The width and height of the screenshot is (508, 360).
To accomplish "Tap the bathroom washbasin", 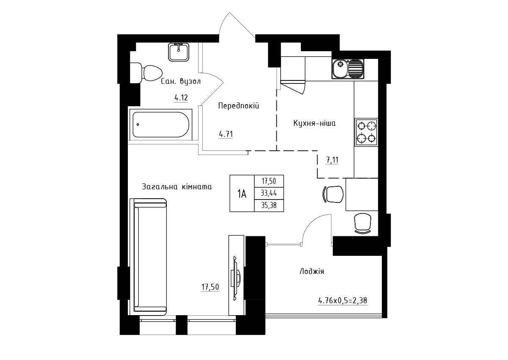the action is [179, 52].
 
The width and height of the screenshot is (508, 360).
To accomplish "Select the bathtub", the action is [161, 125].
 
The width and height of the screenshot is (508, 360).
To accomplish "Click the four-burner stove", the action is [366, 132].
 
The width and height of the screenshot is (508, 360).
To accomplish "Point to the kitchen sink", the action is [348, 69].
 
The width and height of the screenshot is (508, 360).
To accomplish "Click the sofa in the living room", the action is [148, 257].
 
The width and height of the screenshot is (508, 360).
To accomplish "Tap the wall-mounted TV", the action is [236, 278].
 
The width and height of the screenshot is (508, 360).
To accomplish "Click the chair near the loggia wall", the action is [363, 223].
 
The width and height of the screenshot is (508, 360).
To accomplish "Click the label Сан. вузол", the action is [181, 81].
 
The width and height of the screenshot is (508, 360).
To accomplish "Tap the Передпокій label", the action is [239, 105].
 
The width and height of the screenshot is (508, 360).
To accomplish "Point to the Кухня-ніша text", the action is [314, 123].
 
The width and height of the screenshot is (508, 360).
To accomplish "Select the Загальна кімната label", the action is [177, 187].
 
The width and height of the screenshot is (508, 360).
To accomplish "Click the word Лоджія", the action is [312, 271].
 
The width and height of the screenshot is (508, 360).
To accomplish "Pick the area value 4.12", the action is [181, 98].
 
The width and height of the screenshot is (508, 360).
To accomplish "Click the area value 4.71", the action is [226, 134].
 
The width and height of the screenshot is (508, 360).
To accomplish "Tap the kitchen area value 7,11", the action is [332, 160].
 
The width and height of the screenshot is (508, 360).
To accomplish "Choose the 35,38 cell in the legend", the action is [269, 205].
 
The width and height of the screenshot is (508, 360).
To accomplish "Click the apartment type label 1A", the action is [242, 194].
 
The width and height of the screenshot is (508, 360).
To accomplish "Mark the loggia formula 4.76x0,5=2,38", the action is [342, 301].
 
